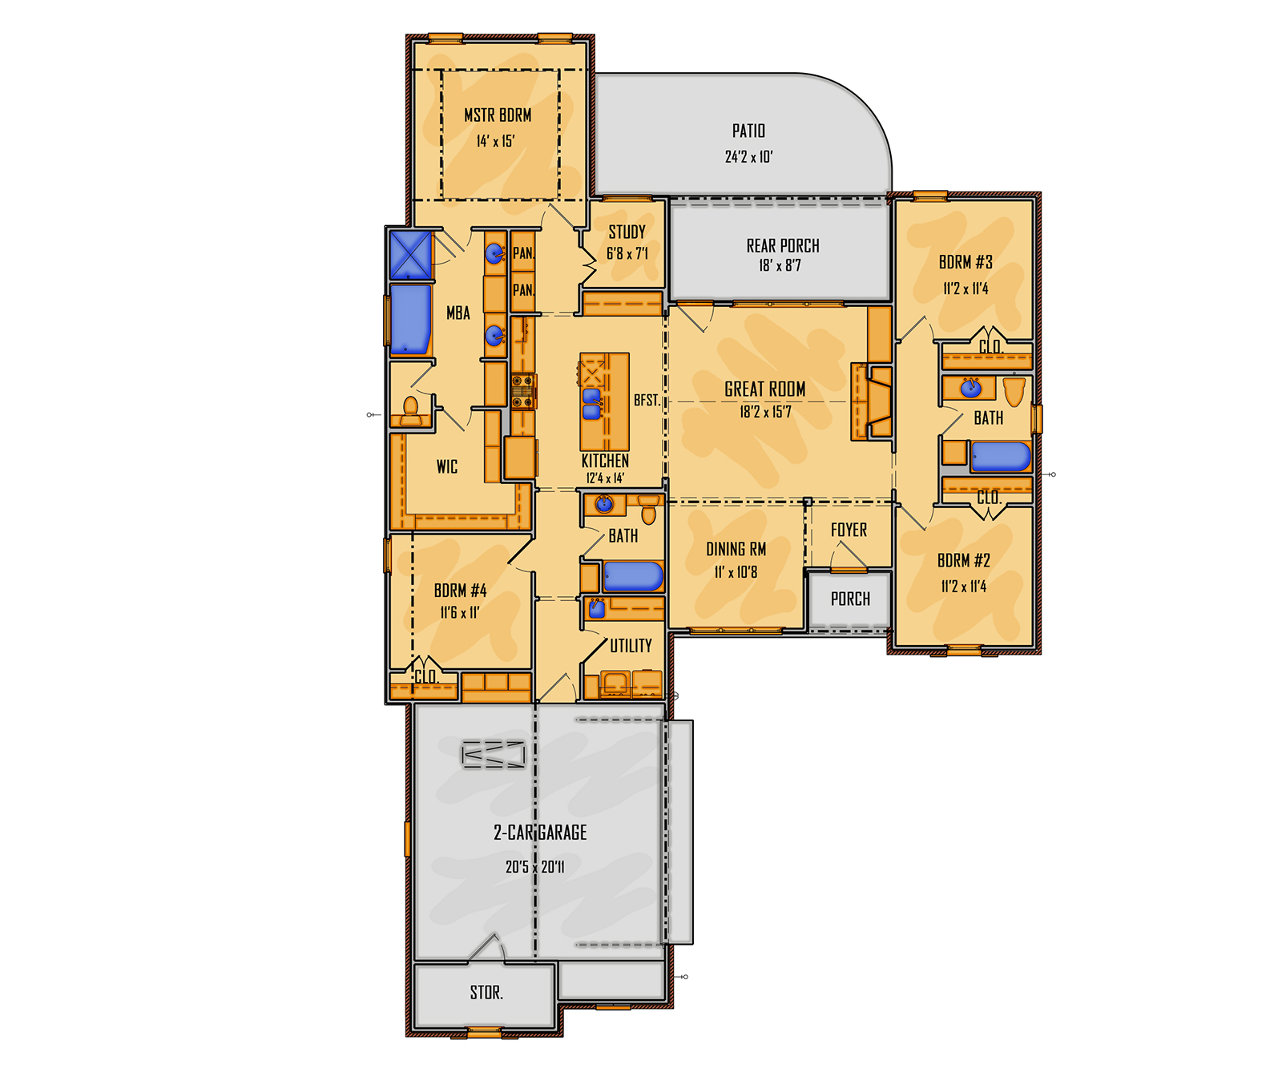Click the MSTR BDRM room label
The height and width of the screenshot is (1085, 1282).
point(498,115)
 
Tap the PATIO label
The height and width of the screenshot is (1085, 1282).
point(748,131)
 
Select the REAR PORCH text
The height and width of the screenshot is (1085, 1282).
point(783,246)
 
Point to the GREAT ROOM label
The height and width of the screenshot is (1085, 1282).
point(765,389)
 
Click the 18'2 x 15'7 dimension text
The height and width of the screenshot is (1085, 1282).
point(765,412)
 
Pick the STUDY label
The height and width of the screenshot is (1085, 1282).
point(627,232)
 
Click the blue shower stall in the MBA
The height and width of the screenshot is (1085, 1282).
point(410,255)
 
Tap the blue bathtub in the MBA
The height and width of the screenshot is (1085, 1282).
point(410,320)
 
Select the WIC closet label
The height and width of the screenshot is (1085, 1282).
point(447,467)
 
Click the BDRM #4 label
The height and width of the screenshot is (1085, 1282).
point(460,591)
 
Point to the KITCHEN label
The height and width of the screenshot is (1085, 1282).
point(605,461)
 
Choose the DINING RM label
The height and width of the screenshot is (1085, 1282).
point(736,550)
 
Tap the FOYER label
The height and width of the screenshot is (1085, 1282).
point(849,530)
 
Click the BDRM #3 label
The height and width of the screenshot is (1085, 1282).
point(966,262)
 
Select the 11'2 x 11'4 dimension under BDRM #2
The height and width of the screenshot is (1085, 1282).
point(964,587)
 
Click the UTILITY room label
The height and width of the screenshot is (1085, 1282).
point(631,646)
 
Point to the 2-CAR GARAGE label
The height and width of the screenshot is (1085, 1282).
point(540,833)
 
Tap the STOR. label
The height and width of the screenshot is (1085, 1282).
point(486,993)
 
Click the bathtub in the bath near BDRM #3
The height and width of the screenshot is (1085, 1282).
point(1001,457)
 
